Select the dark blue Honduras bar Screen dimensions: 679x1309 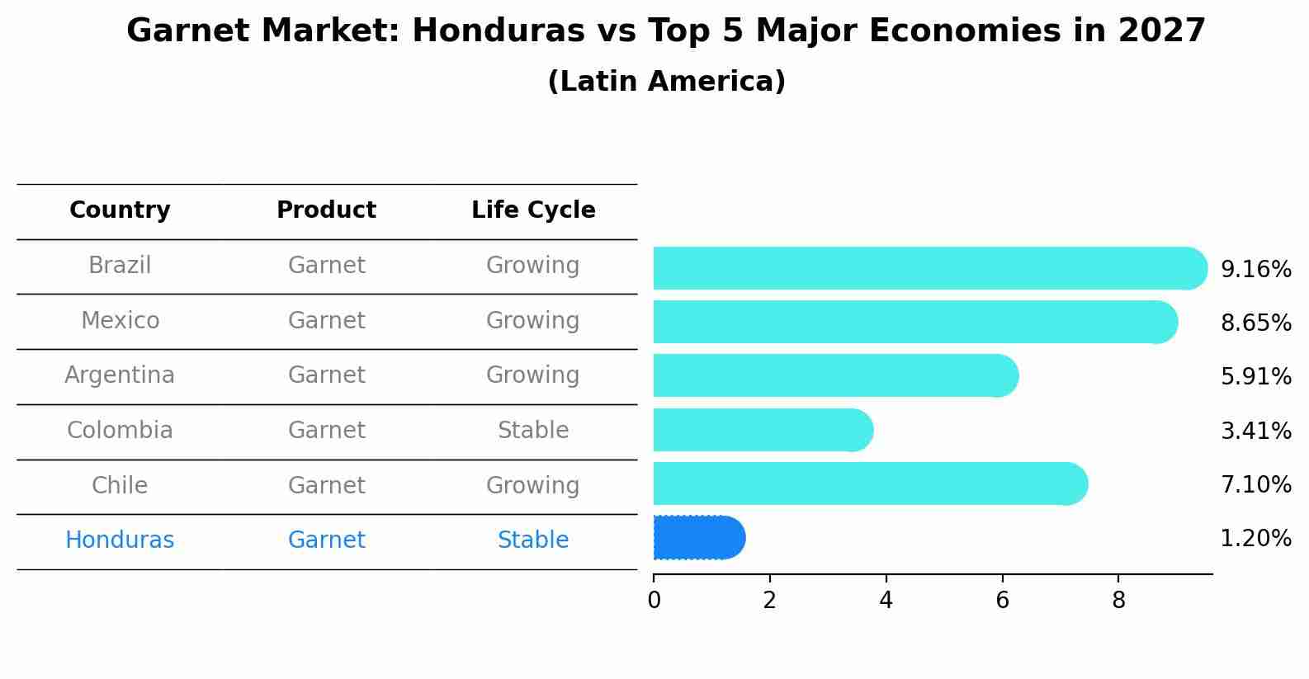tap(698, 538)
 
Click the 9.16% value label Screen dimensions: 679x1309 tap(1255, 270)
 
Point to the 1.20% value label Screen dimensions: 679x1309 tap(1255, 539)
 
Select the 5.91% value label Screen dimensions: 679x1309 tap(1255, 377)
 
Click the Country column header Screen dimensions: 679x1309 tap(120, 210)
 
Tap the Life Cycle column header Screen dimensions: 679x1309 tap(533, 210)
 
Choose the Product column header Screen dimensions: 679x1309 tap(326, 210)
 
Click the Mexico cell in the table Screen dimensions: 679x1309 tap(120, 320)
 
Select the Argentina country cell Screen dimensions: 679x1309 tap(120, 375)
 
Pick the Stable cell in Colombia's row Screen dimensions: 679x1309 tap(533, 431)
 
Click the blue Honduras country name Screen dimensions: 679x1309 tap(120, 540)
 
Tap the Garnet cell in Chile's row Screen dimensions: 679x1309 tap(326, 485)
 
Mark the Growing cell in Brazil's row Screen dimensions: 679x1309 tap(533, 266)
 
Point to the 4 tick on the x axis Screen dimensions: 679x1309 tap(886, 601)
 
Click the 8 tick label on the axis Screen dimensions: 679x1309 tap(1118, 601)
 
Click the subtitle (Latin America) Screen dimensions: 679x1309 tap(666, 82)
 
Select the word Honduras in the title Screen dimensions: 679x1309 tap(482, 31)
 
